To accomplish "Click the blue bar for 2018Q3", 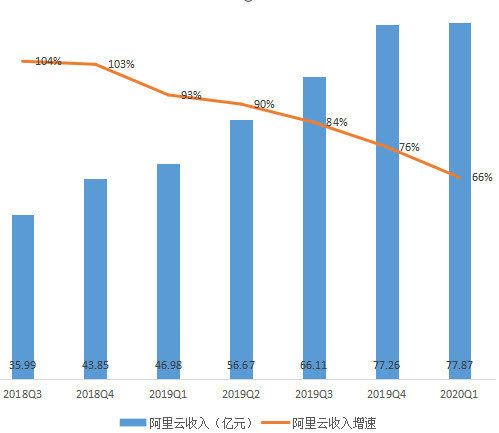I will pos(23,290).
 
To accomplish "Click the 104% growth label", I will pos(48,61).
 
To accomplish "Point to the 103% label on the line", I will pos(121,64).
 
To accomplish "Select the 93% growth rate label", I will pos(191,96).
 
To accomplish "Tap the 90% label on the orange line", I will pos(264,104).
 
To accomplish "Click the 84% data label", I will pos(336,122).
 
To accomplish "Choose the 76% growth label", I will pos(409,147).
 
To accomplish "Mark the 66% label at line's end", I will pos(481,177).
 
